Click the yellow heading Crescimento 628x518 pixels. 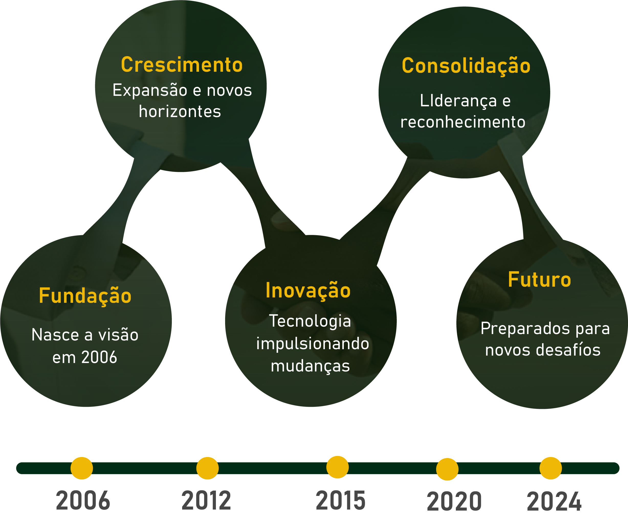[182, 65]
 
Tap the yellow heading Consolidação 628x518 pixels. [466, 66]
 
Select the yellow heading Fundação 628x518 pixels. [85, 296]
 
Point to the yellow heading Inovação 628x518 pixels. [308, 291]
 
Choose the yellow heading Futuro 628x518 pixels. [539, 280]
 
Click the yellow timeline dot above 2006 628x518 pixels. [82, 468]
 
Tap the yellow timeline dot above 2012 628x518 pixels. [207, 468]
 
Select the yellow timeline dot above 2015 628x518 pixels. [338, 467]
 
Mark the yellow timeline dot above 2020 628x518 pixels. [447, 469]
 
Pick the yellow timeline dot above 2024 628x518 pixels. [550, 468]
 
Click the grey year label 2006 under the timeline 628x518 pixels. [83, 501]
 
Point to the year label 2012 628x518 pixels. [206, 501]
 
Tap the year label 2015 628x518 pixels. [340, 501]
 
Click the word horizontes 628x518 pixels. [180, 112]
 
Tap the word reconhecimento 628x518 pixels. [463, 122]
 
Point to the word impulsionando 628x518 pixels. [313, 344]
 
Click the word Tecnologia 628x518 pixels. [310, 321]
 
